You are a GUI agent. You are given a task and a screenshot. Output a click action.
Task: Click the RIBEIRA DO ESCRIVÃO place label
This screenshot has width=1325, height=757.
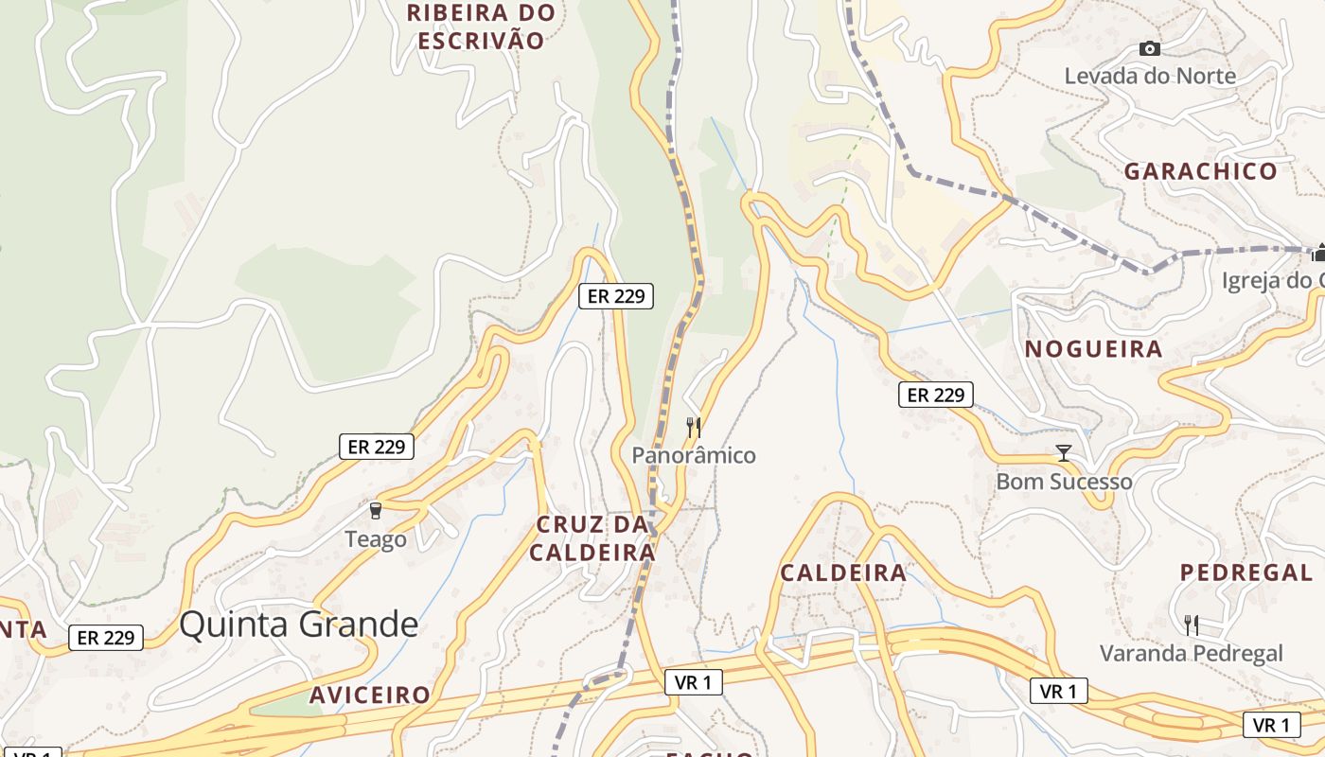tap(482, 26)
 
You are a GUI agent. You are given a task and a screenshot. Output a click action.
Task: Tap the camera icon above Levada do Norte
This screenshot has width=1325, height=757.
tap(1150, 48)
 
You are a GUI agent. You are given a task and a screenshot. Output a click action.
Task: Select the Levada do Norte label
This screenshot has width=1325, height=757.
tap(1150, 76)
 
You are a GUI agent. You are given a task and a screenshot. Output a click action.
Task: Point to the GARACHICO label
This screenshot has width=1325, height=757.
tap(1200, 171)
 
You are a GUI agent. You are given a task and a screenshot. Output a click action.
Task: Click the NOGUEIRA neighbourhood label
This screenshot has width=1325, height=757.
tap(1093, 349)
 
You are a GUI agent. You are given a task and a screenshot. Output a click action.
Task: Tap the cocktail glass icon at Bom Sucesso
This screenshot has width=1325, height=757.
tap(1064, 453)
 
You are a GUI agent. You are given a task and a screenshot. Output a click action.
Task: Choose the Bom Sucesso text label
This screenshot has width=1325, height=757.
tap(1064, 482)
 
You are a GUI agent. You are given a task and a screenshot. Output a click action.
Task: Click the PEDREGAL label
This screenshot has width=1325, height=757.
tap(1245, 572)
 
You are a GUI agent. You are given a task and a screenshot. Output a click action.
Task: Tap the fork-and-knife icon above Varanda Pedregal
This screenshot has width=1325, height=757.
tap(1192, 625)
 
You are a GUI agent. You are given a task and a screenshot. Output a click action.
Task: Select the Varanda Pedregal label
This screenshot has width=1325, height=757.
tap(1191, 653)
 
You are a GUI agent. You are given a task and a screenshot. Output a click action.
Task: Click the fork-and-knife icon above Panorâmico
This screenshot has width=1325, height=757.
tap(694, 428)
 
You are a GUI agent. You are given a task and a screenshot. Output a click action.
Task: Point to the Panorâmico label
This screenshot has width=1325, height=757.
tap(694, 455)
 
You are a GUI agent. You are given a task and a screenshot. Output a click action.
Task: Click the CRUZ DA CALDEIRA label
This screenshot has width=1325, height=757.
tap(592, 538)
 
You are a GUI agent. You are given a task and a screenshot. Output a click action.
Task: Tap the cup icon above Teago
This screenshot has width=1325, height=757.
tap(376, 511)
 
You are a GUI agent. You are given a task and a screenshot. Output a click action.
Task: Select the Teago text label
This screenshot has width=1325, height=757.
tap(376, 539)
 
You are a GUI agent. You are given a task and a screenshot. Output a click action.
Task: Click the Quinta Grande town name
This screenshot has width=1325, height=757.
tap(298, 625)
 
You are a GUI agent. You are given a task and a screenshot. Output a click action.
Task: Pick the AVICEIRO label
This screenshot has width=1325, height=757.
tap(370, 695)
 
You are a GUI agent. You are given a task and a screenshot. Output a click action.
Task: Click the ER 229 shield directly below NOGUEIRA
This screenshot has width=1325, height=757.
tap(935, 395)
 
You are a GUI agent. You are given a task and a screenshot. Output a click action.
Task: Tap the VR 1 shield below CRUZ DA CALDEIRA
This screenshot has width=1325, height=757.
tap(694, 681)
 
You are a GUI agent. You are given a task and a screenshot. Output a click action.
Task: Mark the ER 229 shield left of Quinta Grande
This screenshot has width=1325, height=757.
tap(106, 638)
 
